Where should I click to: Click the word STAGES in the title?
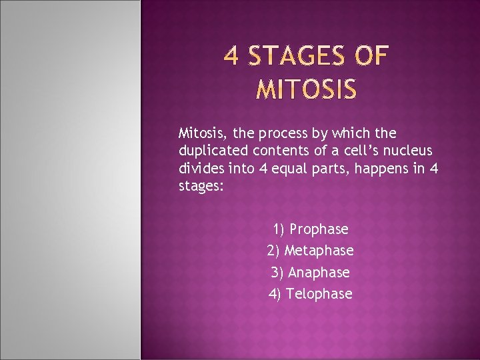297,57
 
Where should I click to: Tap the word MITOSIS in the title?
307,89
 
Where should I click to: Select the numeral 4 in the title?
231,57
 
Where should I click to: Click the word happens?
379,170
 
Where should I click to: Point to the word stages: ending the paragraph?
202,187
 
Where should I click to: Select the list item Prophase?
319,229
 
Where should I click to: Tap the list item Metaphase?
319,251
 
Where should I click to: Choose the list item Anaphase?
319,272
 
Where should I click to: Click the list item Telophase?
319,293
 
